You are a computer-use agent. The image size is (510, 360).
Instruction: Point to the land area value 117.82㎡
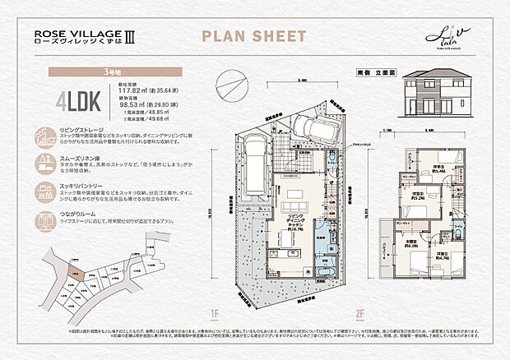132,93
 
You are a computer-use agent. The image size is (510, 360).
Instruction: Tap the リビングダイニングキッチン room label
294,219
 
